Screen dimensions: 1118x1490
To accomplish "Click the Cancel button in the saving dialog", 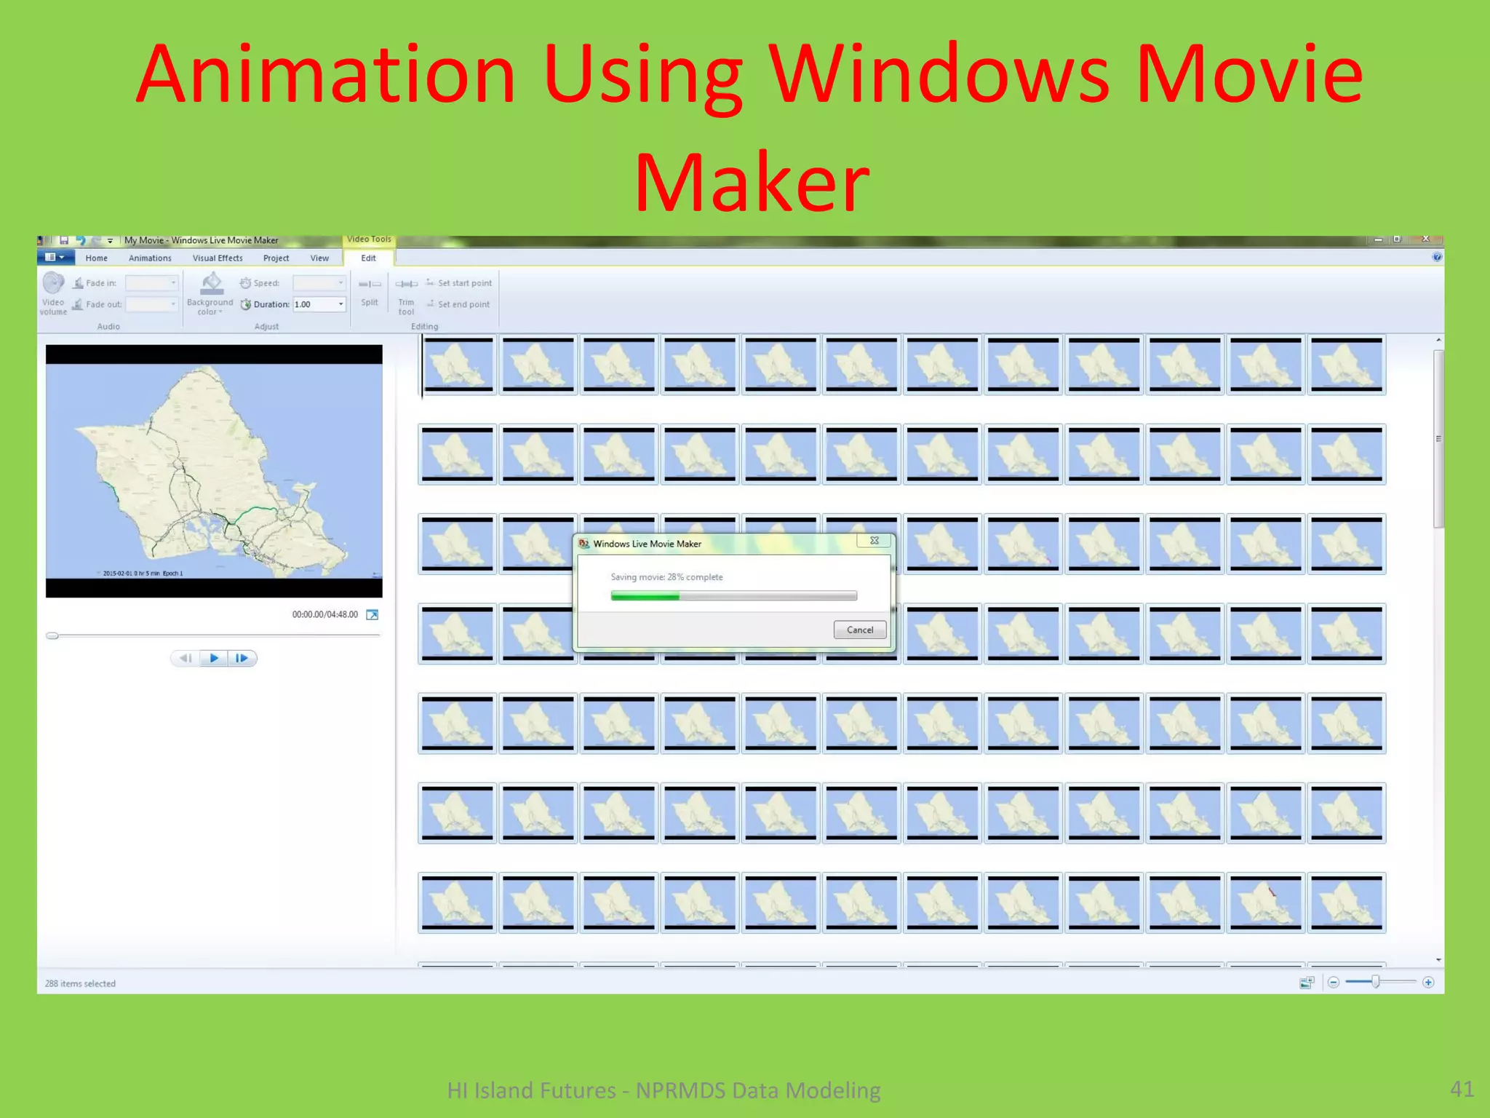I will [859, 630].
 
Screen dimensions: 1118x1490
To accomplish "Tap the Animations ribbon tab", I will [150, 258].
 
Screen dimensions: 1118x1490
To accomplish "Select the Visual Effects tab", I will [218, 258].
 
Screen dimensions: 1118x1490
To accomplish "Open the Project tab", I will [276, 258].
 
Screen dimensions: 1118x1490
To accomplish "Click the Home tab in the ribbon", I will [96, 258].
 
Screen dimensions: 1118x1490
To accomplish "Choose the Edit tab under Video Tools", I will [368, 258].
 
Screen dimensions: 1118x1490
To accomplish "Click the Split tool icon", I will [370, 285].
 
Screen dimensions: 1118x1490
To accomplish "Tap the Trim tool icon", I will [406, 285].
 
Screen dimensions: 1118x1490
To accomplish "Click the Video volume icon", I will [53, 283].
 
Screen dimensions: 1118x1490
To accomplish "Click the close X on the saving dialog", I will [875, 541].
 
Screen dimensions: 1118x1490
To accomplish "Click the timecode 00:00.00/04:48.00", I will [324, 615].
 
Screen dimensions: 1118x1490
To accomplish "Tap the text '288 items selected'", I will [80, 983].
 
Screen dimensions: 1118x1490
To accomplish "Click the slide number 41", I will [1462, 1089].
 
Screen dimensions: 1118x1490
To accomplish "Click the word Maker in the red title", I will [752, 182].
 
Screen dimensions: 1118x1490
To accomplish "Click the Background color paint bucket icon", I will [211, 282].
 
